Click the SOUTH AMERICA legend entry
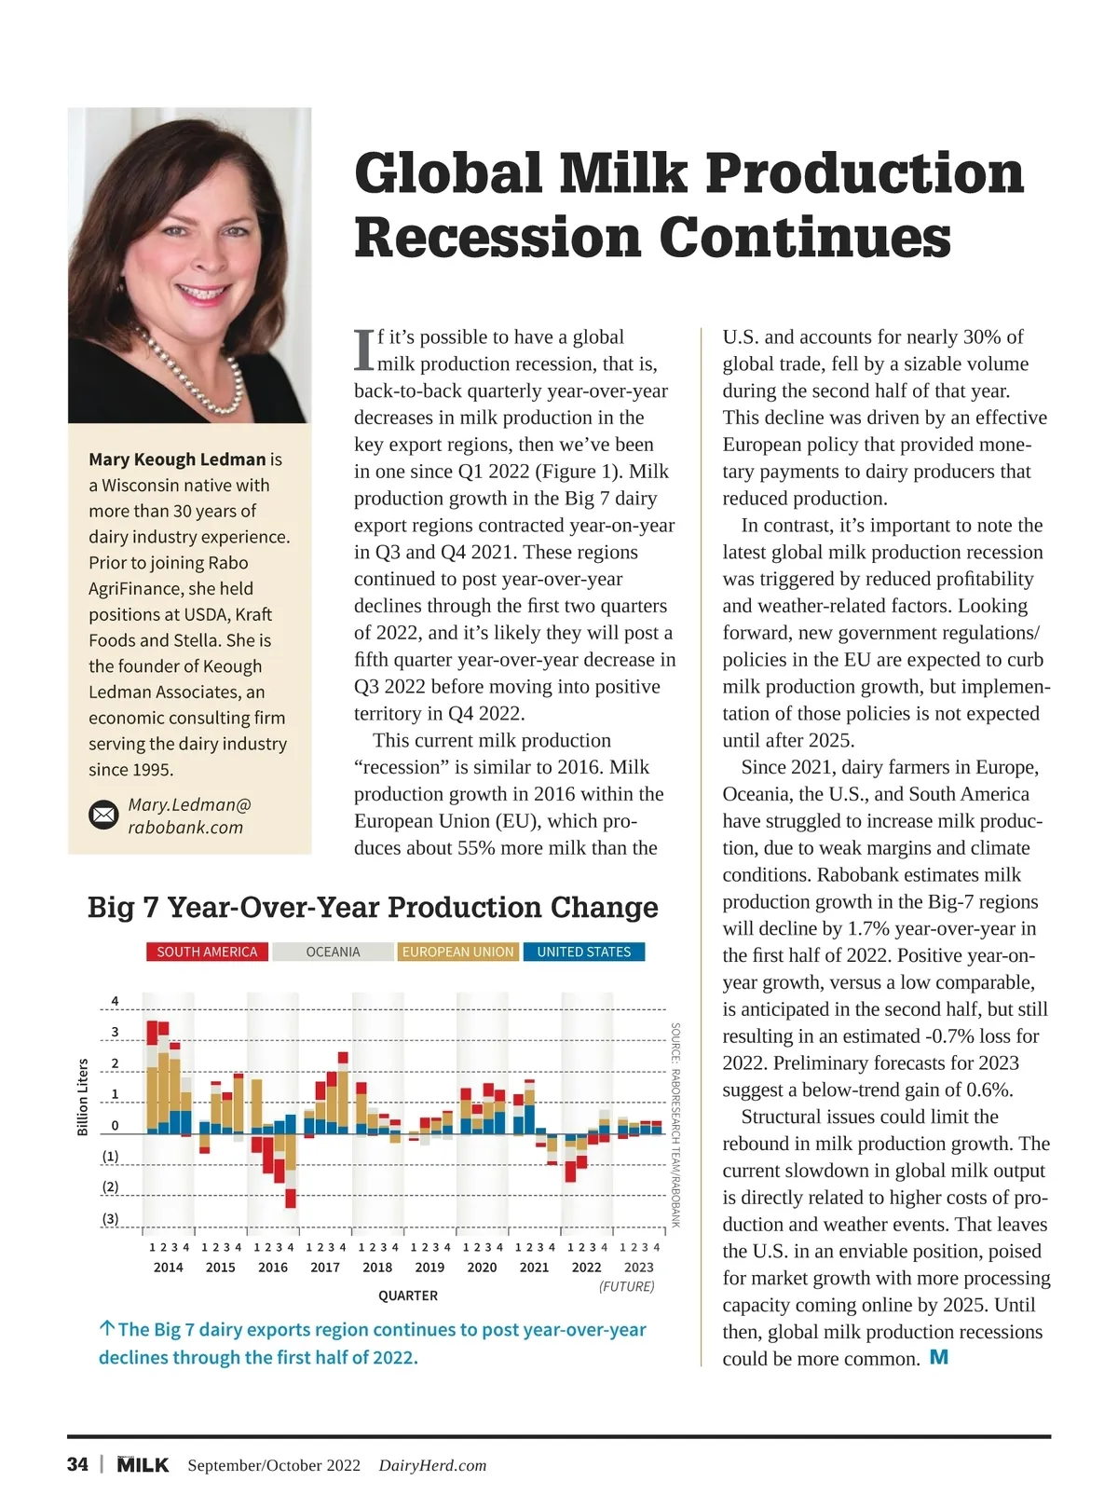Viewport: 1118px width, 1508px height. click(x=207, y=952)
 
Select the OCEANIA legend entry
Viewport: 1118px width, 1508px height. click(x=333, y=952)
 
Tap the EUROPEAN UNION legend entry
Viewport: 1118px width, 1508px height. click(x=457, y=952)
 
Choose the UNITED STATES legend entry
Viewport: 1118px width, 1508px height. click(x=584, y=952)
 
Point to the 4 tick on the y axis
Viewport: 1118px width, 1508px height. click(x=115, y=1001)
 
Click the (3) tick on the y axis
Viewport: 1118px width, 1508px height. click(x=110, y=1218)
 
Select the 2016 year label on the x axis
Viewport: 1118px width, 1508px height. click(x=273, y=1268)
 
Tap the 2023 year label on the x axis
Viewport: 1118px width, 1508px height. click(x=638, y=1268)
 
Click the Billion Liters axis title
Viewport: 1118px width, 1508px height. click(x=83, y=1097)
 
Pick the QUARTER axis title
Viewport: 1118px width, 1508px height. click(x=408, y=1296)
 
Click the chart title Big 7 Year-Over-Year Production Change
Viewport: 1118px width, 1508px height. click(x=373, y=907)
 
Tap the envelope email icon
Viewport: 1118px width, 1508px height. click(x=103, y=816)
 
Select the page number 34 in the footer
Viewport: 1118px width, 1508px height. click(x=78, y=1464)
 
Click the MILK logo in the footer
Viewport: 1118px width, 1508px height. click(x=143, y=1464)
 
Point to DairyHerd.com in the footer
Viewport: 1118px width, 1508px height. click(x=432, y=1465)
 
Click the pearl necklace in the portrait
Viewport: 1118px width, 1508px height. click(x=196, y=373)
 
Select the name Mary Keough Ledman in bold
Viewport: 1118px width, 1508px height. click(x=177, y=459)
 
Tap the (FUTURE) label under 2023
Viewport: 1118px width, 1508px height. click(x=626, y=1286)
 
